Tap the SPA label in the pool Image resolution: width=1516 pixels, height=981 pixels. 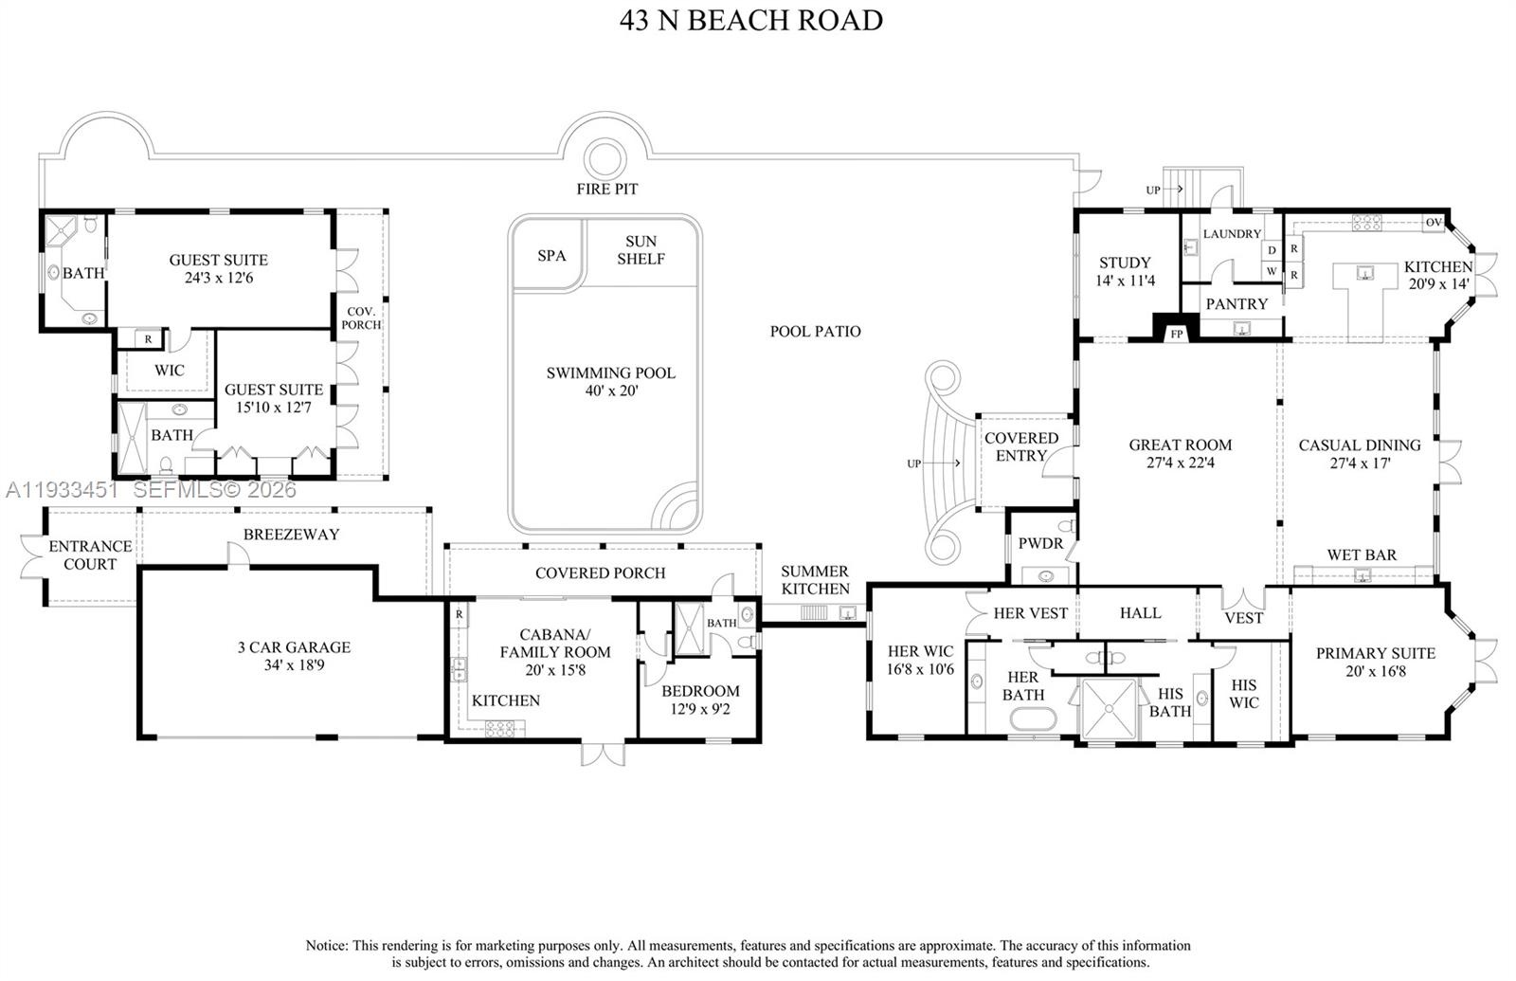pyautogui.click(x=551, y=256)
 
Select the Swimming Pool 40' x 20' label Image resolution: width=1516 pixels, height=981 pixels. pyautogui.click(x=611, y=382)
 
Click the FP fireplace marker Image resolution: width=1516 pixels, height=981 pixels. pyautogui.click(x=1177, y=334)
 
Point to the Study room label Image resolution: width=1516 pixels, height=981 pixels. pyautogui.click(x=1125, y=271)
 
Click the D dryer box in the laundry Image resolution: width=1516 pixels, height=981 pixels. pyautogui.click(x=1272, y=250)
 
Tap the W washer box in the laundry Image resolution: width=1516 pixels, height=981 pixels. pyautogui.click(x=1272, y=271)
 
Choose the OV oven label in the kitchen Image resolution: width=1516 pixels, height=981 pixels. pyautogui.click(x=1434, y=222)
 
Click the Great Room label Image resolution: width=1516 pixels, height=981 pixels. pyautogui.click(x=1181, y=454)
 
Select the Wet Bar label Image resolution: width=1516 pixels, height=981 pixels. pyautogui.click(x=1362, y=555)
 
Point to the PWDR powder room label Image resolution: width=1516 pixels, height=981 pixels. pyautogui.click(x=1041, y=544)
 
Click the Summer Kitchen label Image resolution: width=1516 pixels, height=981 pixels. pyautogui.click(x=815, y=580)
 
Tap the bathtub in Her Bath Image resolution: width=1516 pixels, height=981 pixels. pyautogui.click(x=1033, y=719)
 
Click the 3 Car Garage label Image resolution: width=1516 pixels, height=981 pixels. pyautogui.click(x=294, y=656)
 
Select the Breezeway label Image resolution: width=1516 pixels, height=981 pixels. pyautogui.click(x=291, y=535)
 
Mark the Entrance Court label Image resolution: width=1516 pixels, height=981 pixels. pyautogui.click(x=90, y=555)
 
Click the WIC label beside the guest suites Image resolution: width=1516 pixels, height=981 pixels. pyautogui.click(x=170, y=371)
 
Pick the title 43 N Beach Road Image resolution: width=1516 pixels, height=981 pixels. pyautogui.click(x=751, y=20)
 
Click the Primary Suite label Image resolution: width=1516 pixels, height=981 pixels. pyautogui.click(x=1375, y=663)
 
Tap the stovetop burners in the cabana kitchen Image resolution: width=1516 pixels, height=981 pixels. pyautogui.click(x=500, y=729)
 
